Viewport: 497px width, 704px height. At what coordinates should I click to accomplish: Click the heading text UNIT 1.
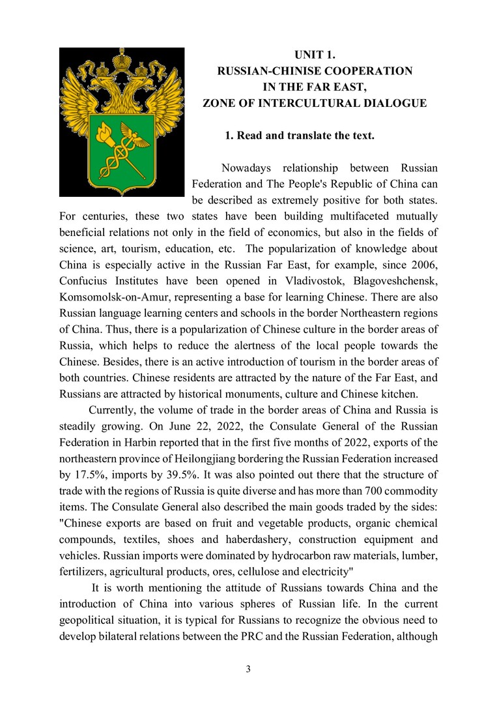pos(315,55)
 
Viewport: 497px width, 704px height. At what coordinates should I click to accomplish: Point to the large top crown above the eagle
pos(122,61)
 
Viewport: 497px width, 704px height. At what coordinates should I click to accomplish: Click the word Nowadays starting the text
pos(244,169)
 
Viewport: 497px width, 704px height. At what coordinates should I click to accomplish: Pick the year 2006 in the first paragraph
pos(421,265)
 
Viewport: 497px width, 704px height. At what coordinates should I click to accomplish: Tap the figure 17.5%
pos(88,474)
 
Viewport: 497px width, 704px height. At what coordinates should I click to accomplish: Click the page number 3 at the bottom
pos(248,669)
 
